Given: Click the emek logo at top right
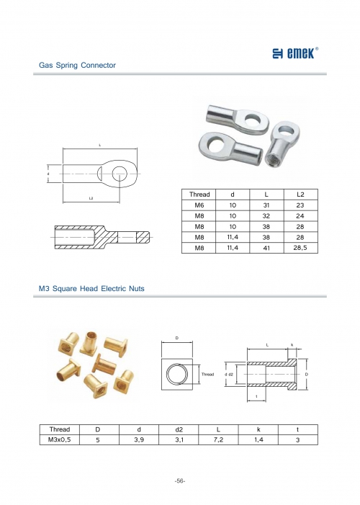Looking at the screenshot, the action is (x=295, y=53).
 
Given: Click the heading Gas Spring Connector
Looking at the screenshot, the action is (x=77, y=66).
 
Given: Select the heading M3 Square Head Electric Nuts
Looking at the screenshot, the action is (x=91, y=289).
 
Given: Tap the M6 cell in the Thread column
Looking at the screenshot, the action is (x=199, y=205).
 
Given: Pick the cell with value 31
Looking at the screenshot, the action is (x=266, y=205).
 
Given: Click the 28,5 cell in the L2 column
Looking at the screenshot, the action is (x=300, y=248).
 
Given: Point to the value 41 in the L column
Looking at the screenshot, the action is (x=266, y=248).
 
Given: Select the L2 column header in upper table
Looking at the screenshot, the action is (x=300, y=195).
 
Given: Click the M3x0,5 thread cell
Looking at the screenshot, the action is (x=60, y=439).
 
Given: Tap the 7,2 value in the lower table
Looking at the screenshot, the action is (x=218, y=439).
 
